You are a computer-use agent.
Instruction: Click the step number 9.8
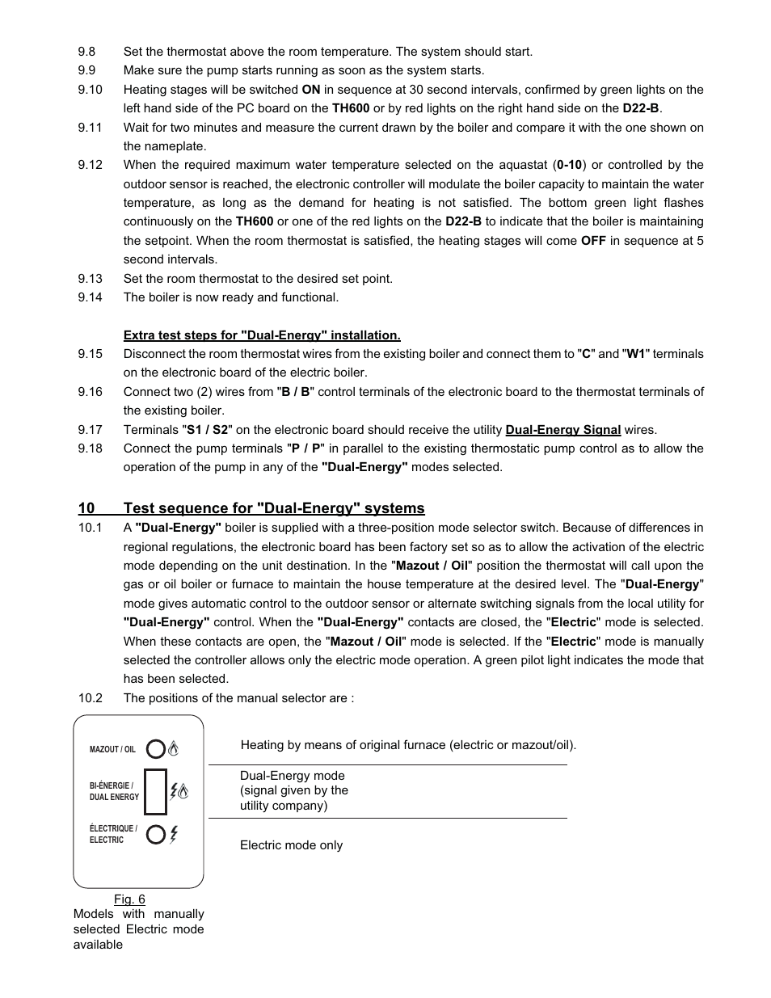click(x=86, y=52)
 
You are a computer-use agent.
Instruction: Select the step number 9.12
click(x=90, y=165)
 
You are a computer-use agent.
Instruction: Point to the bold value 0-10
click(x=569, y=165)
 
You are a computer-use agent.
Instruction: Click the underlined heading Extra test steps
click(x=262, y=335)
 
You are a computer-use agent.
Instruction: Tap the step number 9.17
click(x=90, y=430)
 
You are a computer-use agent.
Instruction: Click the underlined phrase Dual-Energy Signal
click(x=562, y=430)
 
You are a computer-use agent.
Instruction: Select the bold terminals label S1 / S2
click(x=208, y=430)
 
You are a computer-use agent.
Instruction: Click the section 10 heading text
click(x=273, y=508)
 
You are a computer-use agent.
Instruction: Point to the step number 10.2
click(x=90, y=698)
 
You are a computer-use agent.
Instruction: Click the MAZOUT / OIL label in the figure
click(x=112, y=750)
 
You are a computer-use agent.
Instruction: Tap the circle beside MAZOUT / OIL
click(x=156, y=749)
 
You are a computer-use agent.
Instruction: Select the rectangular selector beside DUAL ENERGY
click(x=156, y=791)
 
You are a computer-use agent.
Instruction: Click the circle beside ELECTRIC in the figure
click(x=156, y=834)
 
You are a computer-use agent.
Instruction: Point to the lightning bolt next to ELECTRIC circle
click(x=174, y=834)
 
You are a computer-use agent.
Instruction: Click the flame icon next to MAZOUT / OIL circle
click(x=173, y=749)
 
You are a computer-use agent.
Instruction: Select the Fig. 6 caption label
click(x=129, y=899)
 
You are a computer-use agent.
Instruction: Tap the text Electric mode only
click(x=291, y=845)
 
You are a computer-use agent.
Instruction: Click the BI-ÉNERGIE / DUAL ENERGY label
click(x=114, y=791)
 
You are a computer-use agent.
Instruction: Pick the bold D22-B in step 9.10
click(x=641, y=108)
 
